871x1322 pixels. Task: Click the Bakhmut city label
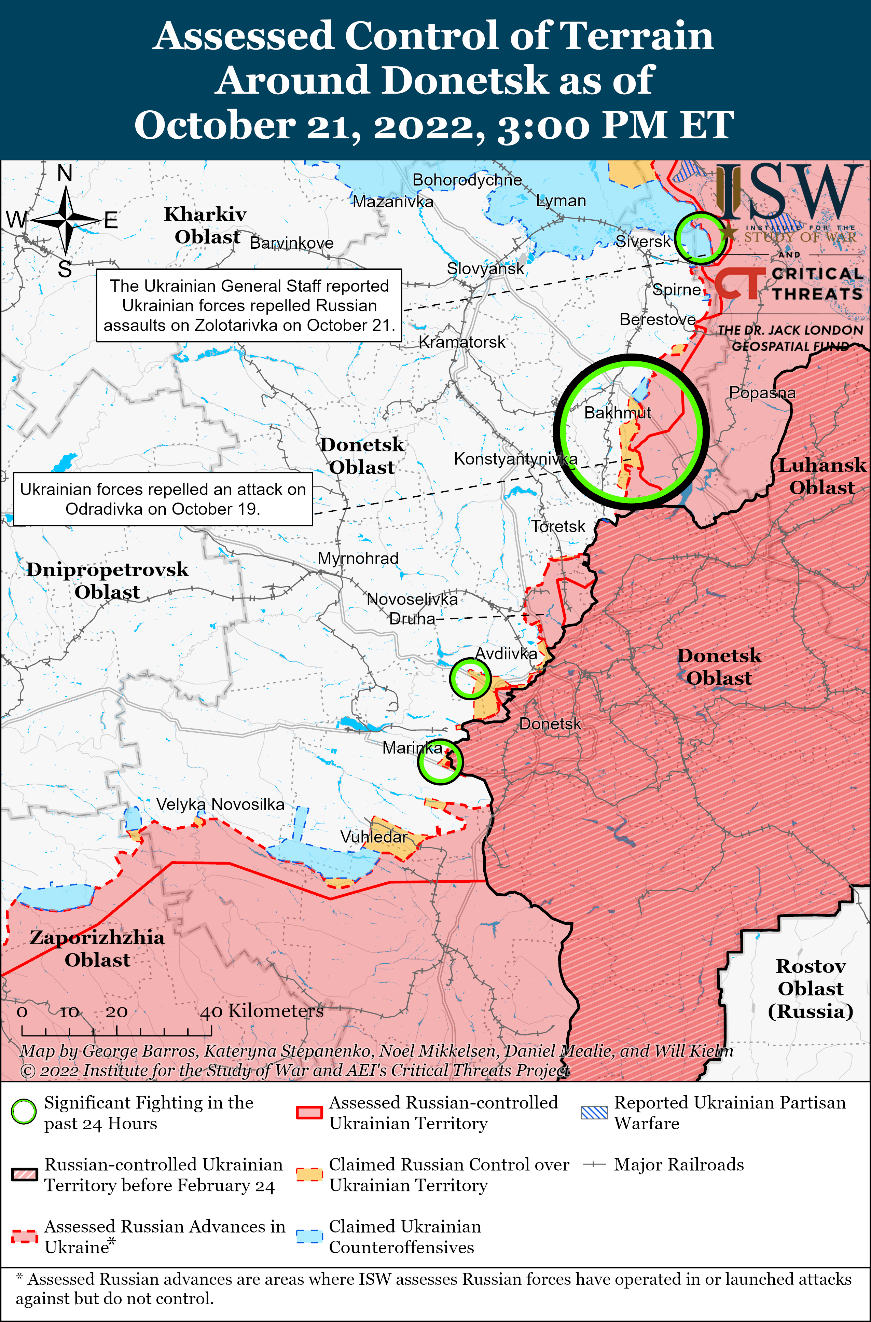(617, 413)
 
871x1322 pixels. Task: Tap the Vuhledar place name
(373, 837)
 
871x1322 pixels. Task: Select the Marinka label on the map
(412, 748)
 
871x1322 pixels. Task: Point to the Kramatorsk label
(461, 342)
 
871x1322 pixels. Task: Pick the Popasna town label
(762, 393)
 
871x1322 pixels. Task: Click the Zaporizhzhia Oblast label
(97, 948)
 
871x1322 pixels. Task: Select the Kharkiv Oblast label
(206, 225)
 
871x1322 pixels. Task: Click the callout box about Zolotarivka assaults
(249, 305)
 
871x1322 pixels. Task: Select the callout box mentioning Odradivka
(163, 499)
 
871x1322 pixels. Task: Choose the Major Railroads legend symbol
(594, 1164)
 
